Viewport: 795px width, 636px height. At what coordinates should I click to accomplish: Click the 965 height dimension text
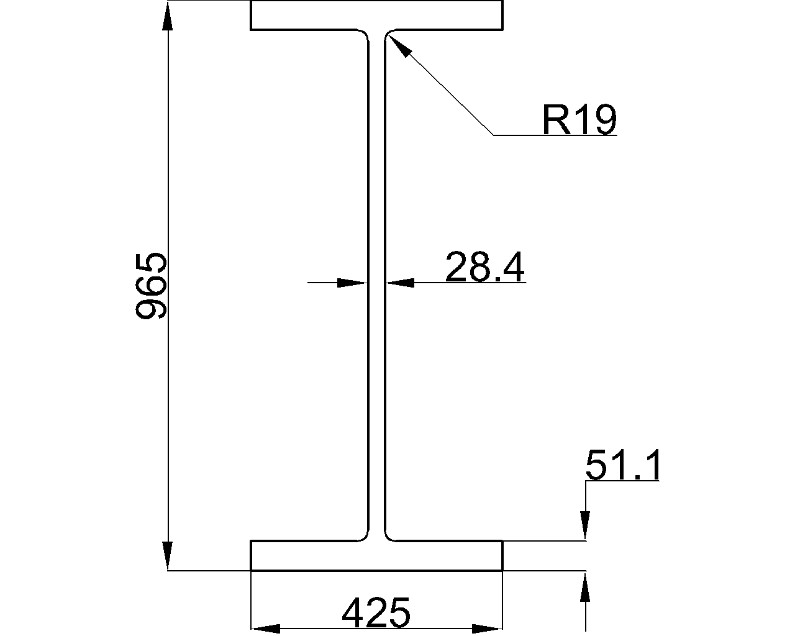(151, 286)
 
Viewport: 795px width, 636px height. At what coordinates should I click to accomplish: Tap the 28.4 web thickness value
(484, 267)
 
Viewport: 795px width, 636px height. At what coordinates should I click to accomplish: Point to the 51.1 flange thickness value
(623, 465)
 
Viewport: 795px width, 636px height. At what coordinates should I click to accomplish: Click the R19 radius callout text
(579, 119)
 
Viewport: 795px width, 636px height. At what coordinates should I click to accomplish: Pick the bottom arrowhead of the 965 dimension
(168, 556)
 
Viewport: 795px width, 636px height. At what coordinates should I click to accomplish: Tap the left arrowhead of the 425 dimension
(265, 629)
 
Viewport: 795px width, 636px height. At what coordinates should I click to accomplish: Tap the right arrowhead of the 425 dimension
(488, 629)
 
